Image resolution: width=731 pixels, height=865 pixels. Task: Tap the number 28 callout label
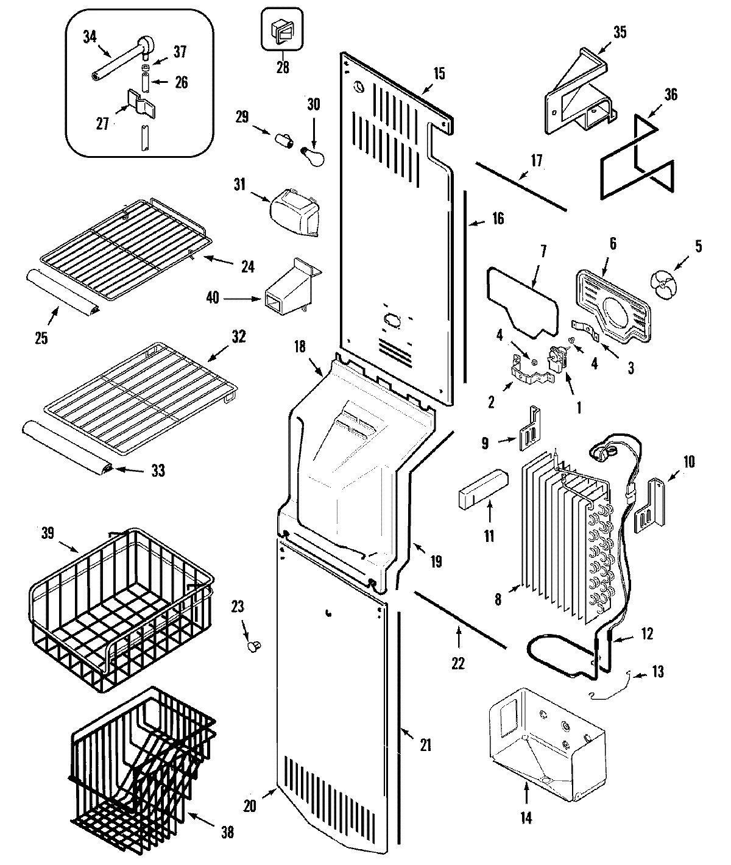pos(283,67)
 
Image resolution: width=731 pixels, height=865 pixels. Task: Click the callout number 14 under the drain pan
pos(526,818)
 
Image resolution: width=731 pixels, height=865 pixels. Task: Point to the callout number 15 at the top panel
pos(439,74)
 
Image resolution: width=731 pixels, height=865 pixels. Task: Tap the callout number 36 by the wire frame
pos(670,94)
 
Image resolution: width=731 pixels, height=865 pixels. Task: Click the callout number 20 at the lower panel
pos(249,805)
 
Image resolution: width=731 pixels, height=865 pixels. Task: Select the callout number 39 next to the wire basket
pos(48,532)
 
